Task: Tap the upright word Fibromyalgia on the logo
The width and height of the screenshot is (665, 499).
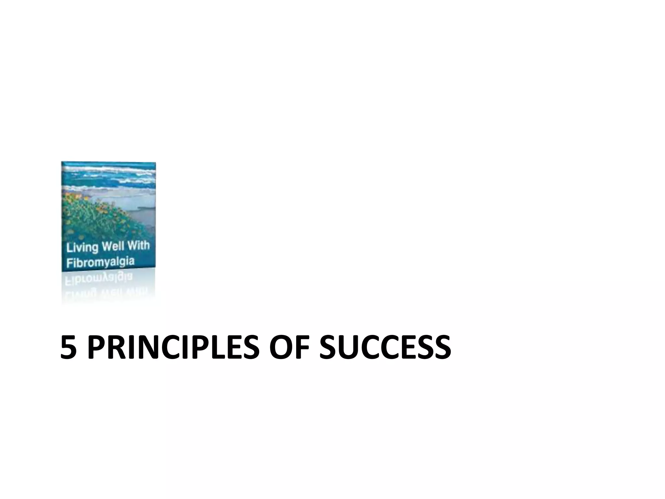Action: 100,262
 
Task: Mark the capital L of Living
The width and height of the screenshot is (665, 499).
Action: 69,248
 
